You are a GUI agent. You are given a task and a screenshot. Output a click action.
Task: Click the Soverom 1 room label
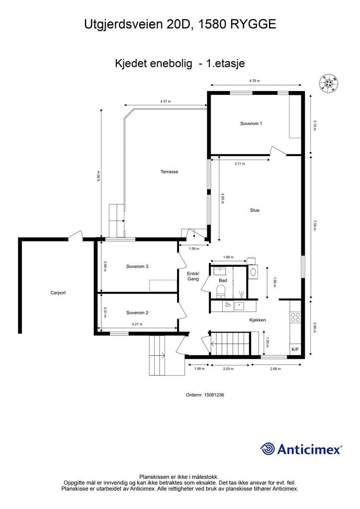[251, 124]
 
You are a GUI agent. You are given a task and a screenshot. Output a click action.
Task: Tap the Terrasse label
[169, 171]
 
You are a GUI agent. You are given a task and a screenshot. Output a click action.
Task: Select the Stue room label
[255, 210]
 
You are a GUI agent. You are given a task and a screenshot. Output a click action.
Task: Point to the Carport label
[58, 293]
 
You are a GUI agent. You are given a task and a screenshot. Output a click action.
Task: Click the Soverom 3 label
[137, 266]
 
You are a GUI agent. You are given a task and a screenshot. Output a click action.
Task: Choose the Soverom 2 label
[137, 313]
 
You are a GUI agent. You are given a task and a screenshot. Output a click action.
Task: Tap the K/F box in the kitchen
[295, 349]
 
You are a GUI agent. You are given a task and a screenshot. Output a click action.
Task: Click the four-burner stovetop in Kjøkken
[295, 317]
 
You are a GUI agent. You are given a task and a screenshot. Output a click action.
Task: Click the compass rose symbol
[329, 83]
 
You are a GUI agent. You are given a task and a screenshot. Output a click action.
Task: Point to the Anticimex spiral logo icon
[267, 449]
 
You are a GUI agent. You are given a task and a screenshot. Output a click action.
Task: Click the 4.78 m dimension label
[255, 81]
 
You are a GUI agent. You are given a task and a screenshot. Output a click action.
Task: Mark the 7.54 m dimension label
[315, 225]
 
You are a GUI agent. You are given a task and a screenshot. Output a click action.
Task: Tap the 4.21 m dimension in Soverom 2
[137, 324]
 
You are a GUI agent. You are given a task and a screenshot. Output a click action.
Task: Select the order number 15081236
[214, 395]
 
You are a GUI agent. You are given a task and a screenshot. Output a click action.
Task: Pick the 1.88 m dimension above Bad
[228, 257]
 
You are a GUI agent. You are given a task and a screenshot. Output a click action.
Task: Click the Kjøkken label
[258, 320]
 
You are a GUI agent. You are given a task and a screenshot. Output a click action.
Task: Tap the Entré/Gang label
[193, 276]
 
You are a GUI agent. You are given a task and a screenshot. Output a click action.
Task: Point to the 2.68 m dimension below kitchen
[275, 369]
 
